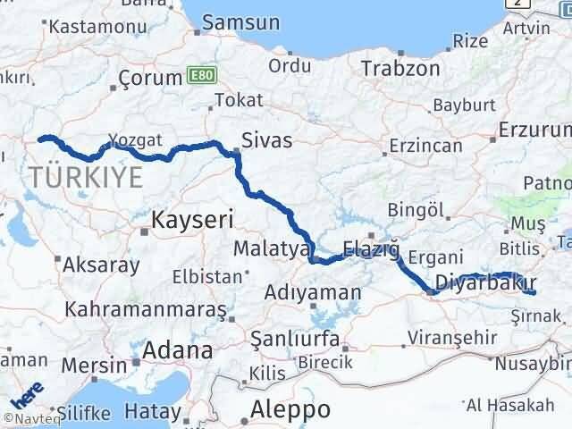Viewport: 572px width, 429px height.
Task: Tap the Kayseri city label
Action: point(192,218)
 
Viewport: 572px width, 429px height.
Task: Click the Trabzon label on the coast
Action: point(398,67)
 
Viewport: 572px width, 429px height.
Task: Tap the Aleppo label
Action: point(290,409)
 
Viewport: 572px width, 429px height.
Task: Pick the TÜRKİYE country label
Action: point(85,176)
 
